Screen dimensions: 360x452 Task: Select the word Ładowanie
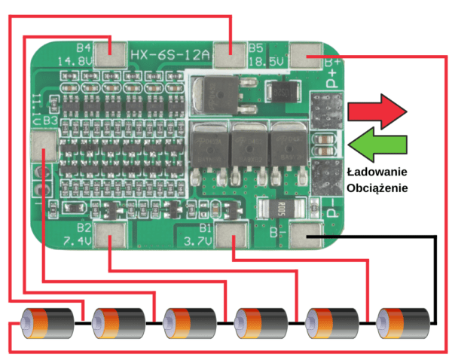tap(377, 171)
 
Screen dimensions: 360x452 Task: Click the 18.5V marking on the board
tap(266, 59)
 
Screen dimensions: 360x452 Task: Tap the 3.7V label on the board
tap(197, 241)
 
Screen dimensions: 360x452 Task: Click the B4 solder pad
tap(115, 53)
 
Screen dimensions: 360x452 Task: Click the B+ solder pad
tap(306, 56)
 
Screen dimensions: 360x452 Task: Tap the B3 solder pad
tap(44, 142)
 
